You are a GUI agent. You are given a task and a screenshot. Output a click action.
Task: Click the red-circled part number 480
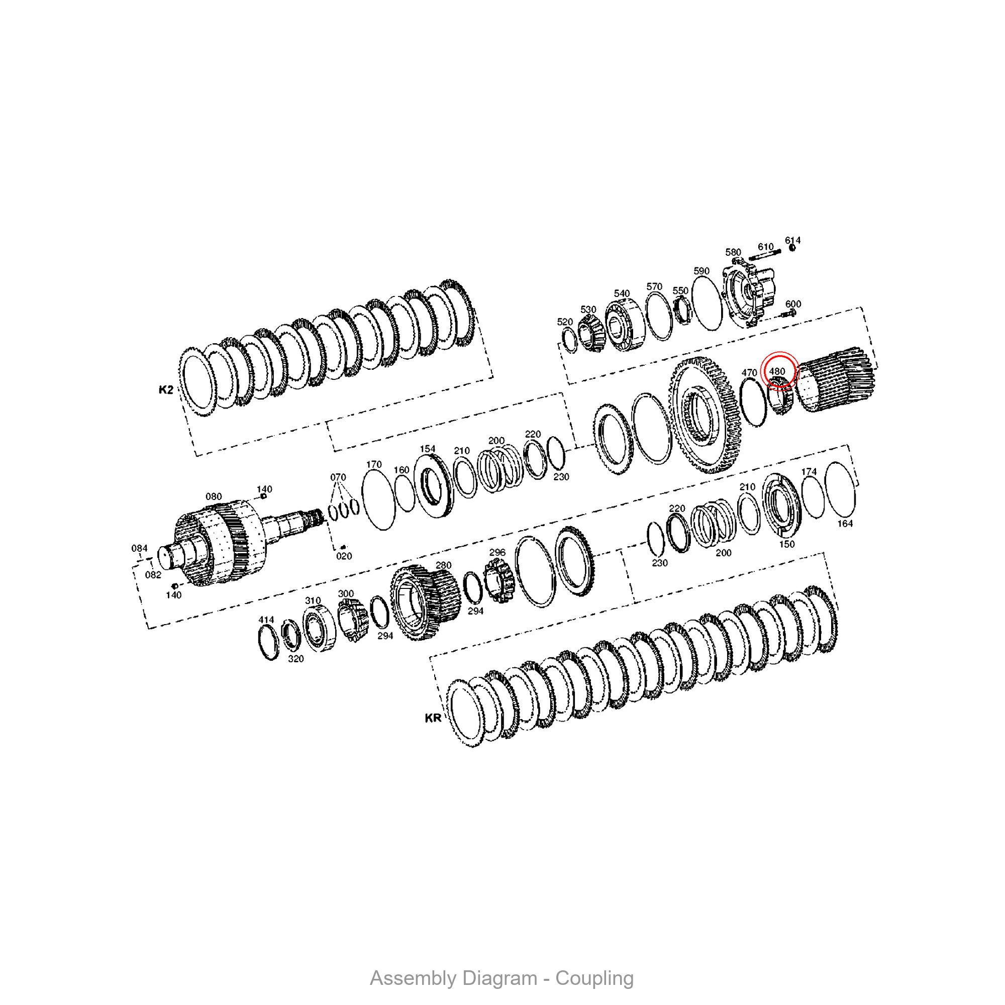pos(777,371)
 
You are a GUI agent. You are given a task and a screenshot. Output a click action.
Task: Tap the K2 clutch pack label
pos(166,389)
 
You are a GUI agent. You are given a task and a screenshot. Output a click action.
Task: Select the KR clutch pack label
pos(433,719)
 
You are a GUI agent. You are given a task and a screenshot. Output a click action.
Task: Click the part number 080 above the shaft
pos(214,496)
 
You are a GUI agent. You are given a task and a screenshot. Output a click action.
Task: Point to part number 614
pos(793,240)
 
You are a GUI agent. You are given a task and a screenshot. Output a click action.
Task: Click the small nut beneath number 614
pos(792,248)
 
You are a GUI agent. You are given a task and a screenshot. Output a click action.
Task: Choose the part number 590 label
pos(701,271)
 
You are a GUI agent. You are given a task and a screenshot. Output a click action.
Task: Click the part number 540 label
pos(622,293)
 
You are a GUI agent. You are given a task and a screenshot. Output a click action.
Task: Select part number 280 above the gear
pos(443,565)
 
